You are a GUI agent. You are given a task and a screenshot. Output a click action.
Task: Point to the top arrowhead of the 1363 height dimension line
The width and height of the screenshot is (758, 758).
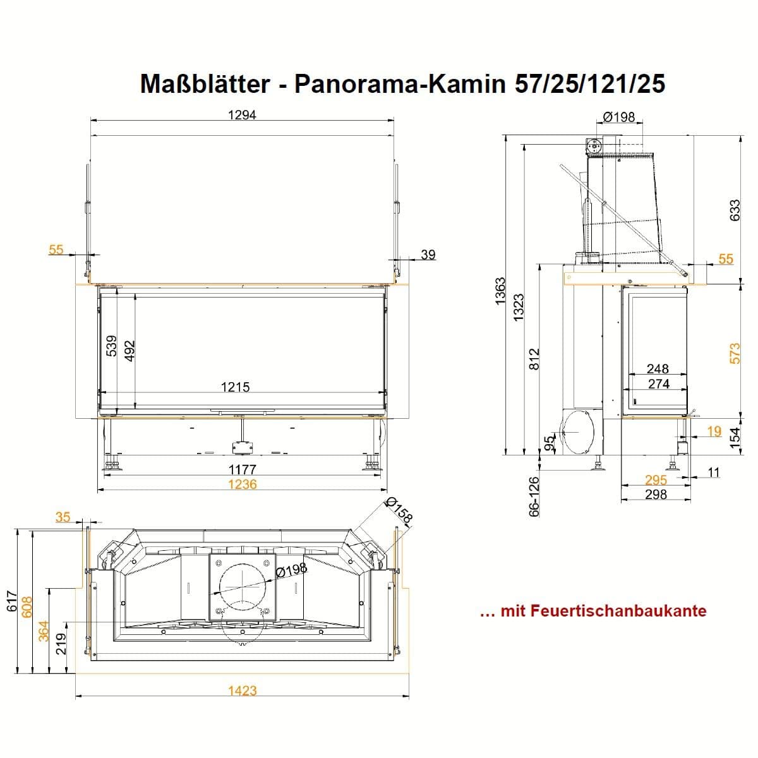(x=505, y=135)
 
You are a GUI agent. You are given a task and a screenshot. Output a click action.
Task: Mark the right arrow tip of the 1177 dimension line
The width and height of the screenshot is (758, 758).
(x=381, y=476)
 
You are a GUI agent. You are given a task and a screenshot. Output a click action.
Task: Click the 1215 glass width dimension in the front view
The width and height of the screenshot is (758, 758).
(x=235, y=387)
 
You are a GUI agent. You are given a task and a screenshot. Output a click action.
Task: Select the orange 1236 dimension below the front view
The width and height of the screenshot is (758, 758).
(x=243, y=484)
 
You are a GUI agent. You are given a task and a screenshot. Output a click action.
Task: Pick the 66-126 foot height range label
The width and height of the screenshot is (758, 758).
(x=534, y=496)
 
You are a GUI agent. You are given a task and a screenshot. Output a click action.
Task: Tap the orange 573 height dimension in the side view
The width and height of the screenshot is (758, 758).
(x=735, y=353)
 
